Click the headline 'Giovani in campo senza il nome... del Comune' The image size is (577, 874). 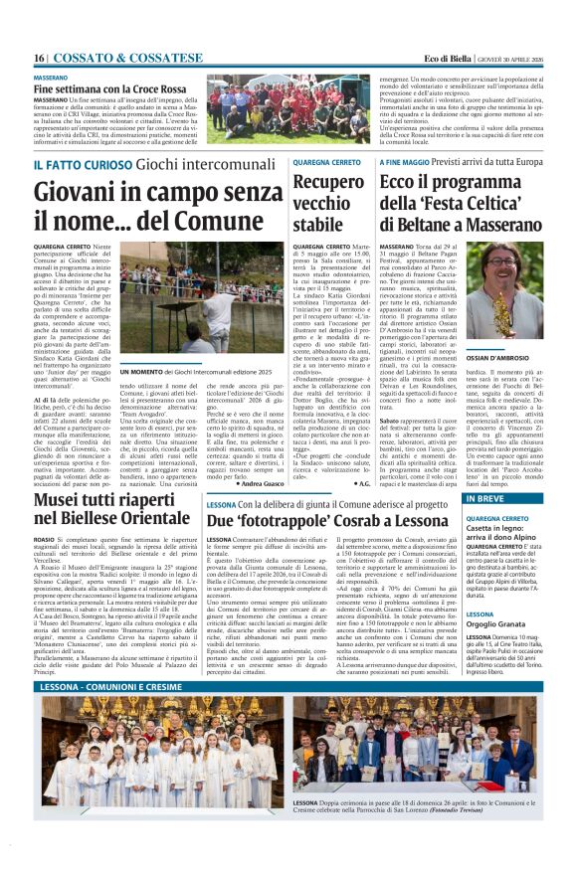pos(158,204)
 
